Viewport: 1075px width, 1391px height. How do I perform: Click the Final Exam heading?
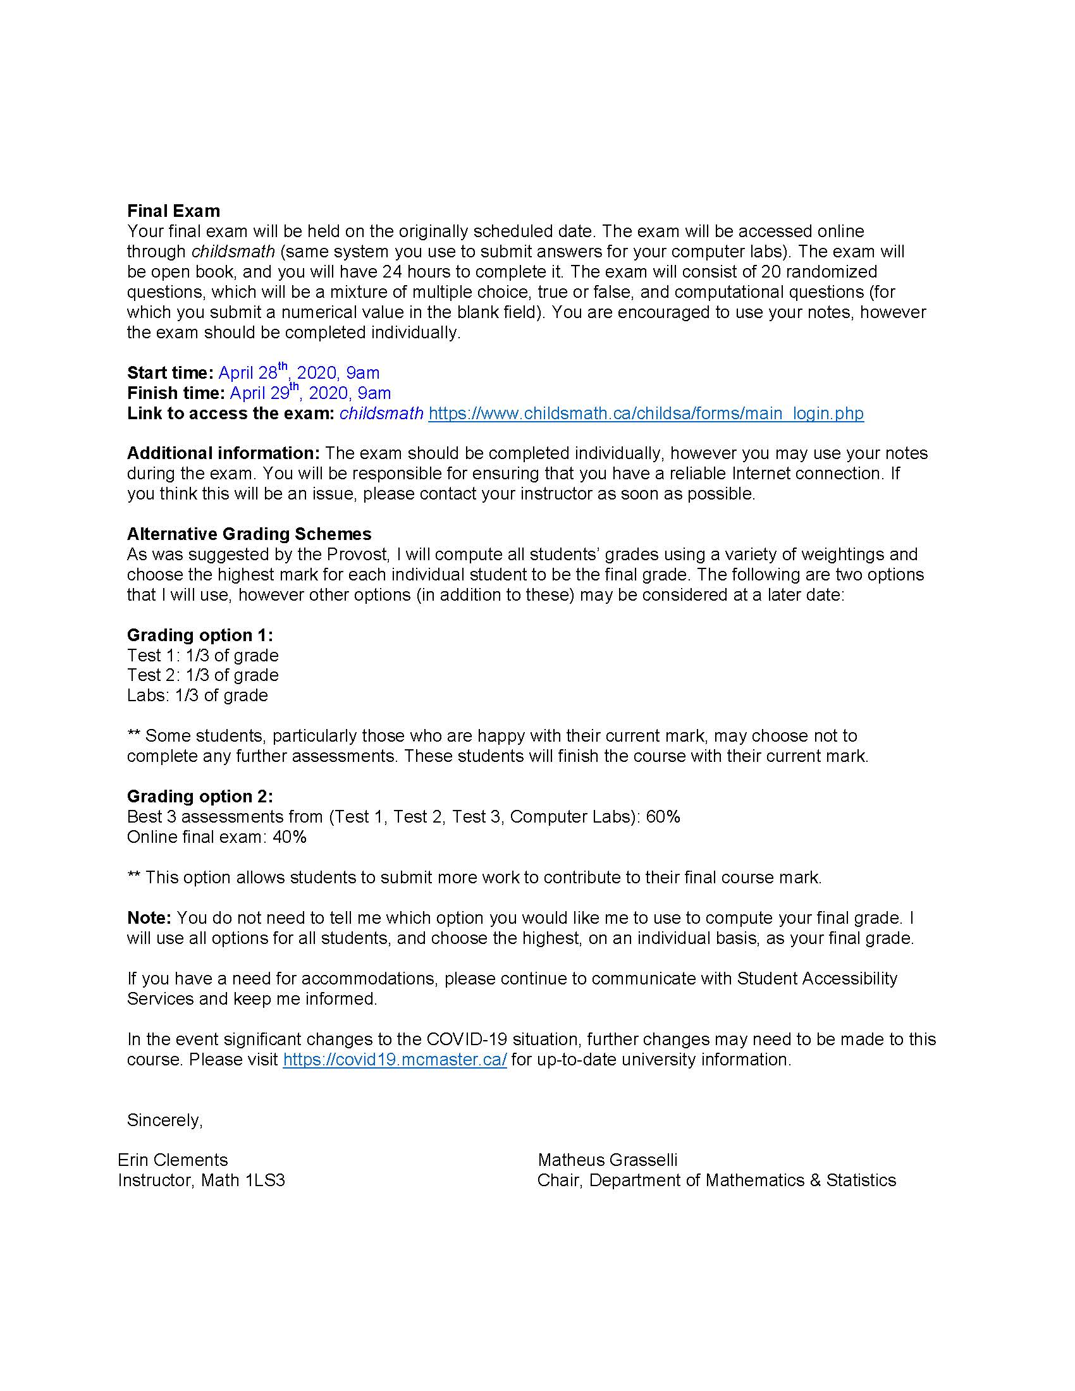[173, 211]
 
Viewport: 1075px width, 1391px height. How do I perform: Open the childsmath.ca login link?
[646, 414]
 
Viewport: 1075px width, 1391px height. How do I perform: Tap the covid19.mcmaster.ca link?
[394, 1059]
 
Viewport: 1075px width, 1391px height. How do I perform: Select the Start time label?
[170, 372]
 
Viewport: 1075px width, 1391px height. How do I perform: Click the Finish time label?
[176, 393]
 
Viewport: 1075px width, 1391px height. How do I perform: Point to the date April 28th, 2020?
[274, 372]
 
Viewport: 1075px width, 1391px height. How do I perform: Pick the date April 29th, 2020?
[286, 393]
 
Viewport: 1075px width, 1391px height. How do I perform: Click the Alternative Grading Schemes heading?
[249, 534]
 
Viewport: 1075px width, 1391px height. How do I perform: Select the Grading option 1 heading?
[200, 635]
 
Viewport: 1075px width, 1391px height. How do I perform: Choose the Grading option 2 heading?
[200, 796]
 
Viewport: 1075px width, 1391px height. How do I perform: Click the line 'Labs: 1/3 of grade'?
[197, 695]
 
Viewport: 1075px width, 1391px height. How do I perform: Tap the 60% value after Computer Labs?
[663, 816]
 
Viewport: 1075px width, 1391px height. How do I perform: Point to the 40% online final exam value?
[290, 837]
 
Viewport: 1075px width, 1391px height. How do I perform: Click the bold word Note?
[149, 918]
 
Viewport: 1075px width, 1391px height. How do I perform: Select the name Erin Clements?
[173, 1160]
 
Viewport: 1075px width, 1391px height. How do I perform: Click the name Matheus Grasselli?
[608, 1160]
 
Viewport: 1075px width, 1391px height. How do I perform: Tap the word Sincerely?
[164, 1120]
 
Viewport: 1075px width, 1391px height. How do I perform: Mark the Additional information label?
[223, 453]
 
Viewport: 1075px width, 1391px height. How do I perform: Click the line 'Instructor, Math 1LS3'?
[201, 1180]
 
